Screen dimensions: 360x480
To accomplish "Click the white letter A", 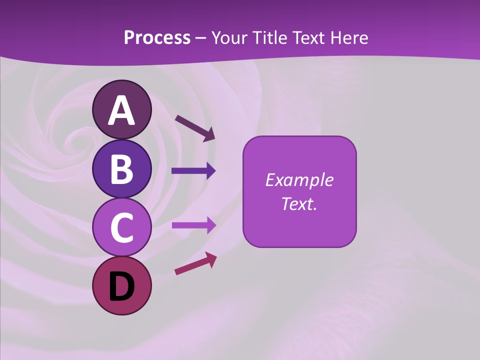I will click(x=121, y=111).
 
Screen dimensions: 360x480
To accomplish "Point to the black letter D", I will click(x=121, y=286).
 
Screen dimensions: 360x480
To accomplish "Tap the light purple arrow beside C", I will click(x=193, y=225).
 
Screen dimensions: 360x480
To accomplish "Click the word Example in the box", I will click(x=299, y=180).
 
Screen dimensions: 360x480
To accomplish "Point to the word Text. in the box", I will click(x=299, y=203).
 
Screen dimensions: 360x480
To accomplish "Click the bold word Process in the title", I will click(x=157, y=37).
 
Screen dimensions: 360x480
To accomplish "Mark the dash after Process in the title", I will click(x=200, y=38).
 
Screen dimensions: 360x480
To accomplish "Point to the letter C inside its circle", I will click(x=121, y=227).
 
